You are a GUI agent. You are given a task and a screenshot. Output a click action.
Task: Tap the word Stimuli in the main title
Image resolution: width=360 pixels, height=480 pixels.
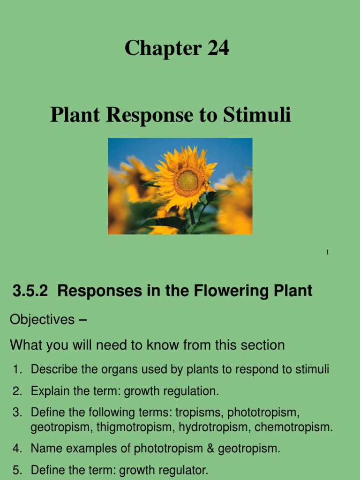tap(257, 115)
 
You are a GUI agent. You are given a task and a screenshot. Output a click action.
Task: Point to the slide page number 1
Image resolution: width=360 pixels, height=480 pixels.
tap(328, 253)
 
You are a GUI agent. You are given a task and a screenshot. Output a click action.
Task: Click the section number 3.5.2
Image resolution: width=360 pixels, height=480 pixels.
tap(30, 291)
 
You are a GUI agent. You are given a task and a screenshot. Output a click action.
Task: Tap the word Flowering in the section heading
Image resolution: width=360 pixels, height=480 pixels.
tap(218, 291)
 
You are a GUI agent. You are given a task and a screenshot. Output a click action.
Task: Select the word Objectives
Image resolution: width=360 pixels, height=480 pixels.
tap(42, 320)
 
